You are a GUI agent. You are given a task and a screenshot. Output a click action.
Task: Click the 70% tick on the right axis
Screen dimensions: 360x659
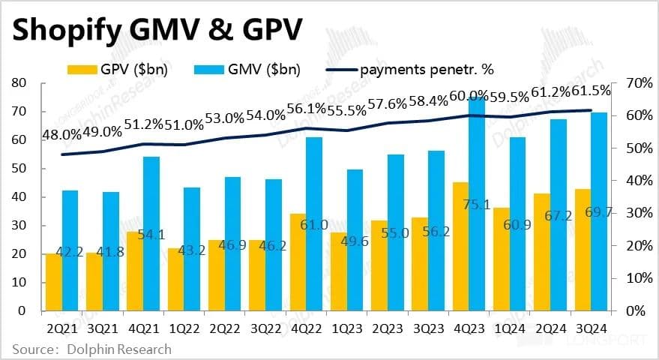tap(629, 82)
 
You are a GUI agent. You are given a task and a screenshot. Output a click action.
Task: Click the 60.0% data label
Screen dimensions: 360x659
tap(469, 95)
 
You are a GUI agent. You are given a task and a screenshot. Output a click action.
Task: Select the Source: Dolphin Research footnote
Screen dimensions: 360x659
tap(91, 349)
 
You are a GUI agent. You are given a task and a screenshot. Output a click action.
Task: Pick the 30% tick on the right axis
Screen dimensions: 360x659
tap(629, 213)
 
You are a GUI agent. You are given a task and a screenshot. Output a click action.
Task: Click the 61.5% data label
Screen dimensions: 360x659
tap(592, 90)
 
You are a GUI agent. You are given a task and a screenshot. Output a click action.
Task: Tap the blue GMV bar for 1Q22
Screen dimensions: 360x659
tap(191, 247)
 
